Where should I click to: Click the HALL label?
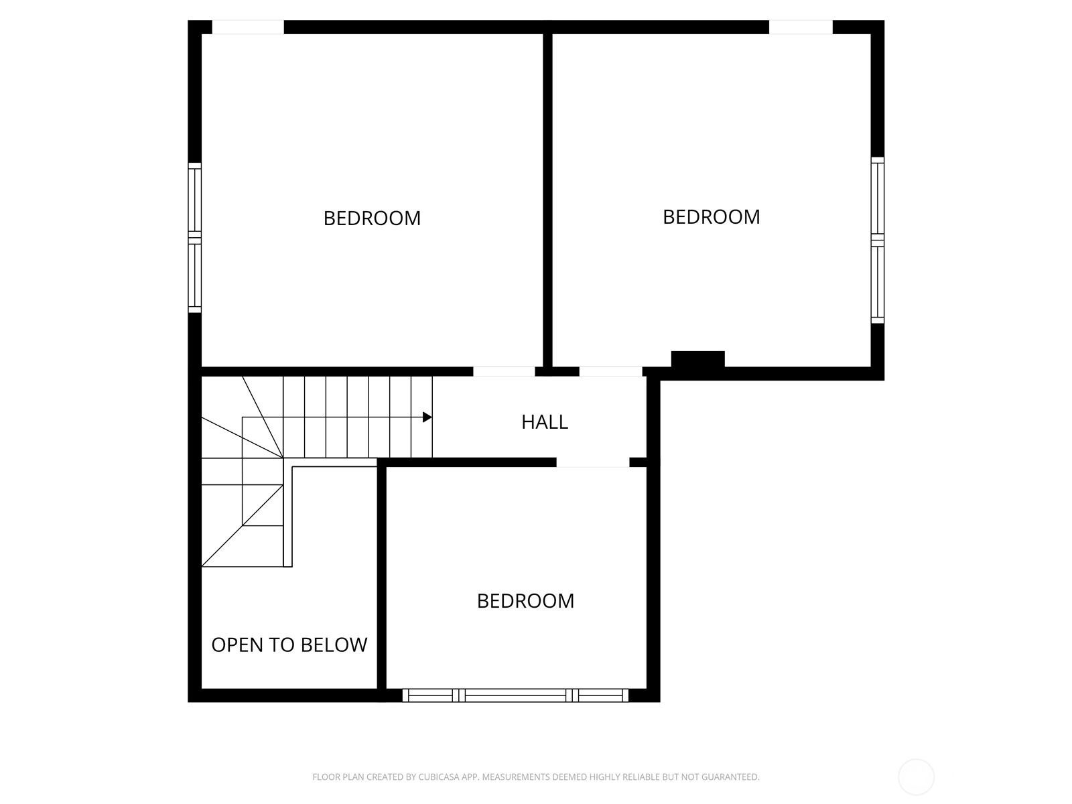[545, 422]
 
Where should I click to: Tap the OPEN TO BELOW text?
[289, 645]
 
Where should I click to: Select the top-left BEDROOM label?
[372, 218]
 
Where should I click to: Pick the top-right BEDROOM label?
[711, 217]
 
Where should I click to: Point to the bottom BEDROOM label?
[525, 601]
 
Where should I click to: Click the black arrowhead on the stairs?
[427, 417]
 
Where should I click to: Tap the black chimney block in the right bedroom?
[697, 359]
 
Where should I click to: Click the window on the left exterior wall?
[195, 238]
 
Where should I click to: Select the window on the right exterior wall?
[878, 240]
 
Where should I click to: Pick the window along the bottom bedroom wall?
[515, 695]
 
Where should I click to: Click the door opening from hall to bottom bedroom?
[593, 462]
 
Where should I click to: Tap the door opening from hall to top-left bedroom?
[504, 371]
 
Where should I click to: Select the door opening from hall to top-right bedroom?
[610, 371]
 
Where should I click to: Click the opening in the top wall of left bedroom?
[248, 27]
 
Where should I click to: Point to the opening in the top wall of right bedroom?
[801, 27]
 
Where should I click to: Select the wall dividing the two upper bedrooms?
[547, 200]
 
